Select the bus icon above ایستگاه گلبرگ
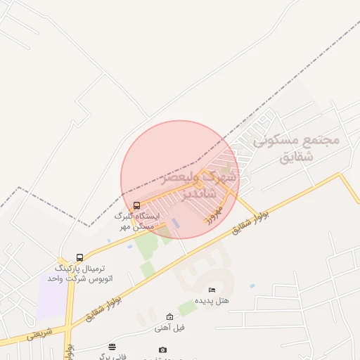coord(136,205)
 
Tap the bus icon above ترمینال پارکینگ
coord(79,258)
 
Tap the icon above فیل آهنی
coord(169,317)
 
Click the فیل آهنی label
coord(170,328)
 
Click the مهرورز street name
coord(214,213)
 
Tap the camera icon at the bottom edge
coord(163,349)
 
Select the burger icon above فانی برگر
coord(112,347)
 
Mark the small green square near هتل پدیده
coord(186,308)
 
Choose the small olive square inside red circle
coord(225,169)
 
